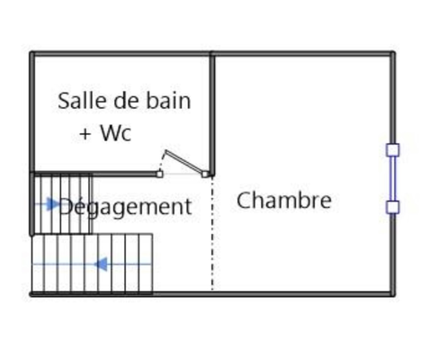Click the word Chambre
pos(284,200)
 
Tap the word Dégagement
pos(125,207)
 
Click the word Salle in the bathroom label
pos(83,101)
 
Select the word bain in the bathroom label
pos(168,101)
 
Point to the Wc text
pos(116,132)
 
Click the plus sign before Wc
pos(85,134)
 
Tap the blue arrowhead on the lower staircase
pos(101,265)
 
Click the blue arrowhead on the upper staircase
pos(53,204)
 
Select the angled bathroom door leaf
pos(184,162)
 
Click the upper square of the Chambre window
pos(392,150)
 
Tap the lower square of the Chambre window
pos(392,207)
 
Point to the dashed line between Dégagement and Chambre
pos(212,233)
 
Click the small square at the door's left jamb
pos(160,174)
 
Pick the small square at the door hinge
pos(205,174)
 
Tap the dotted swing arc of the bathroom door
pos(162,162)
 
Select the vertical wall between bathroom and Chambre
pos(212,114)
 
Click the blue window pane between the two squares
pos(392,178)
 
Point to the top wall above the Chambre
pos(303,54)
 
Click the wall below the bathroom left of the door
pos(94,174)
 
